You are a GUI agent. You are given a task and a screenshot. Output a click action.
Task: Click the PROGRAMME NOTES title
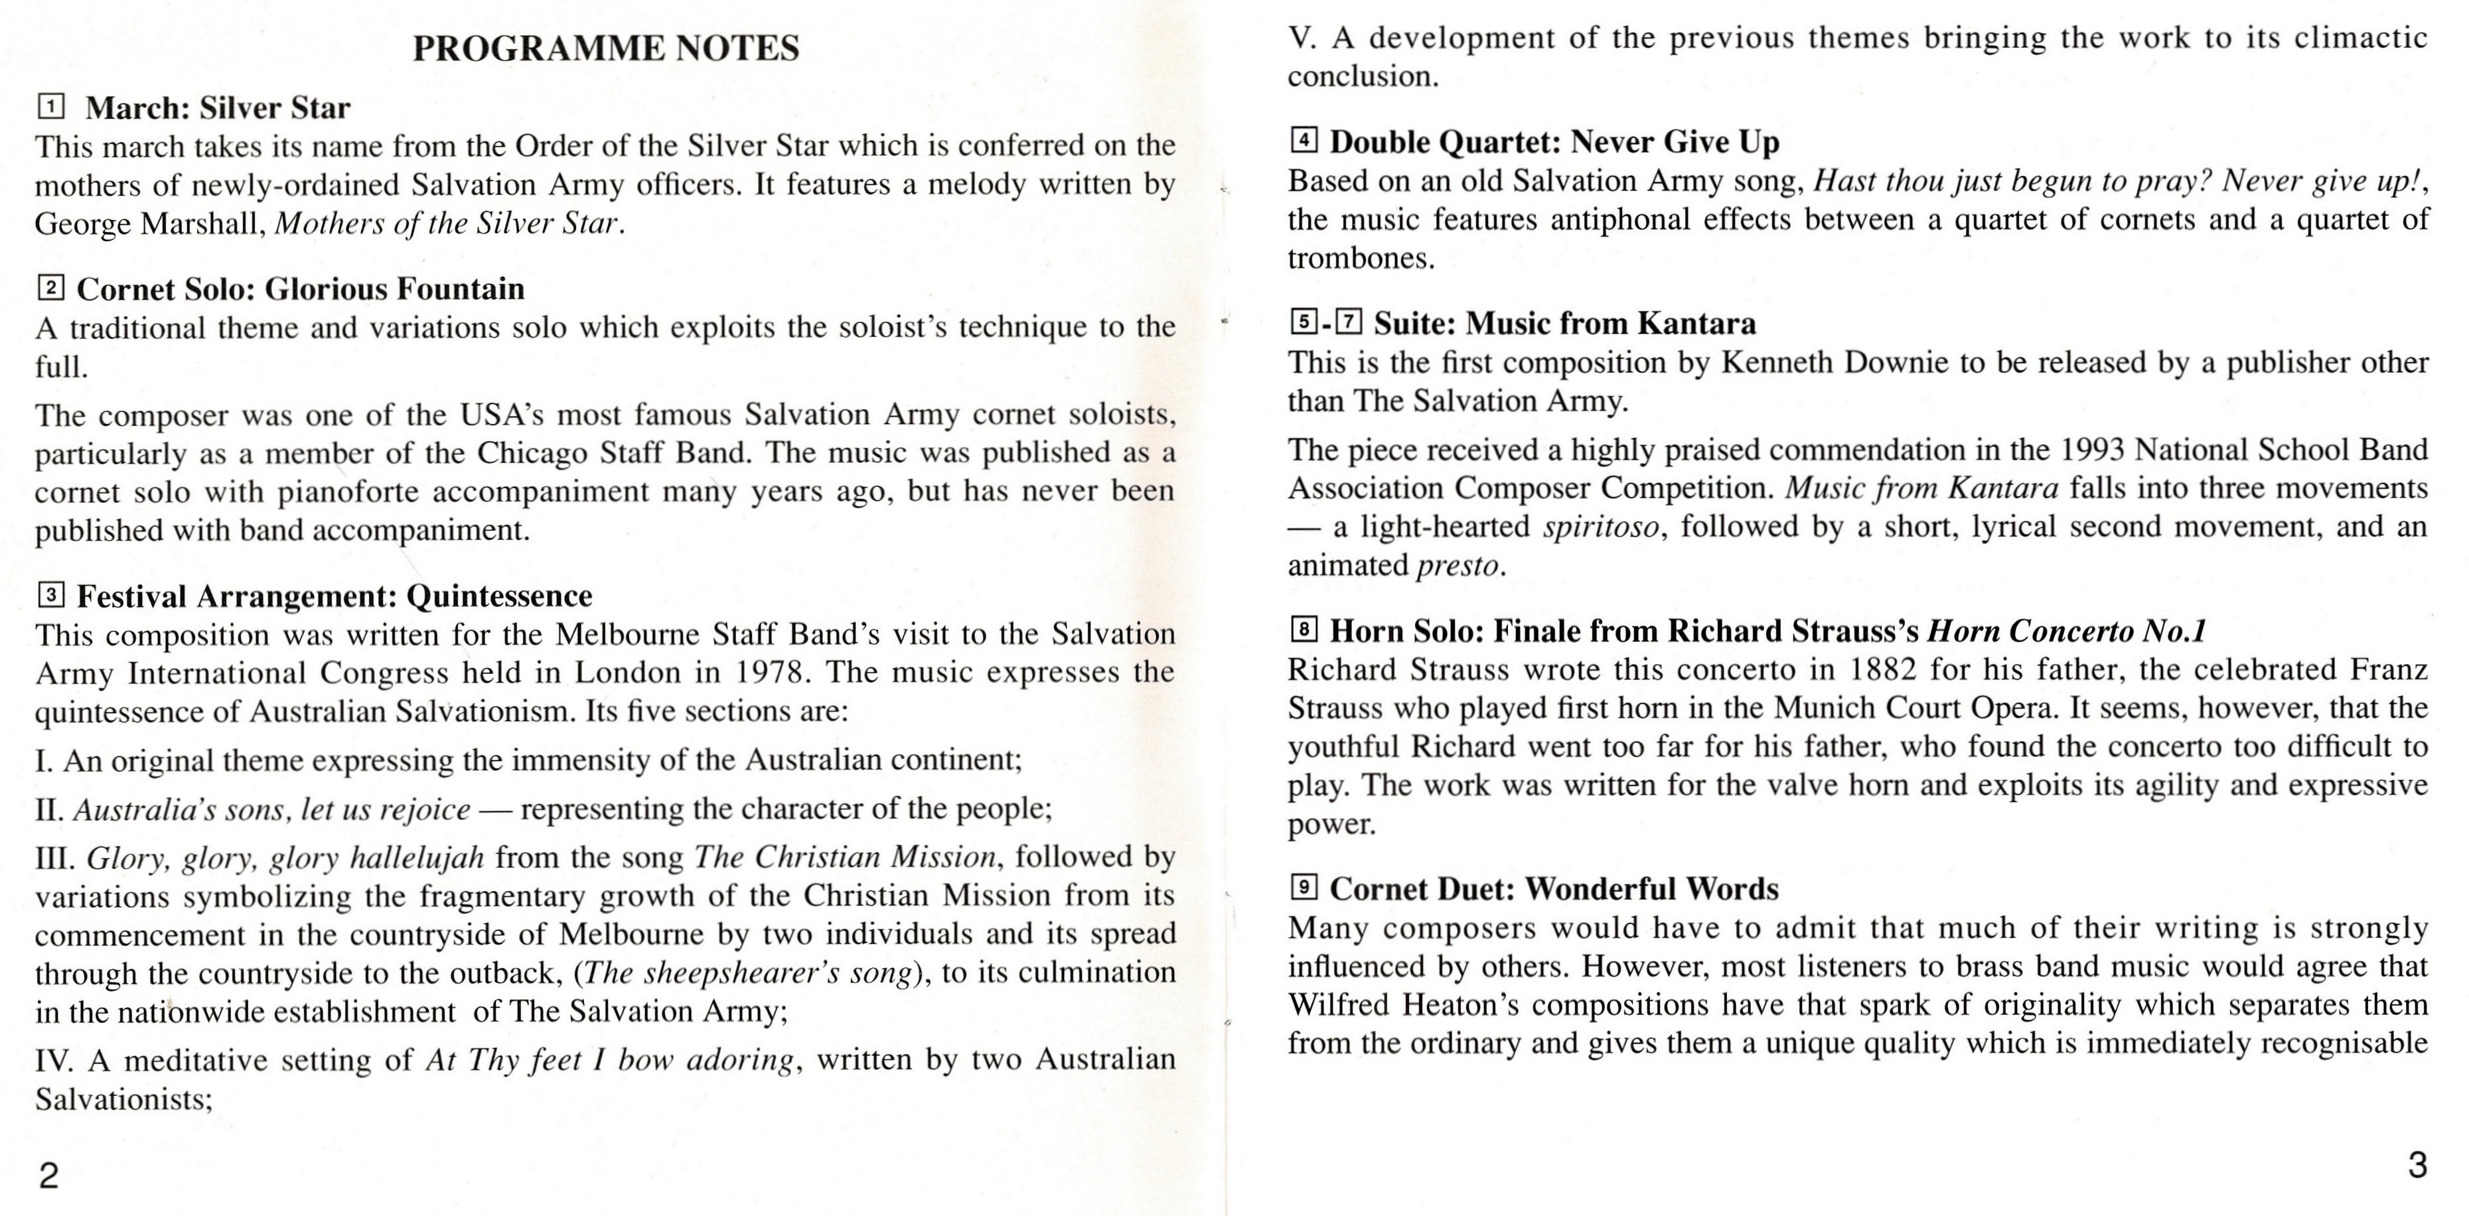[x=606, y=48]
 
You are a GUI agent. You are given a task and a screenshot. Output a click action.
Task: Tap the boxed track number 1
[x=51, y=105]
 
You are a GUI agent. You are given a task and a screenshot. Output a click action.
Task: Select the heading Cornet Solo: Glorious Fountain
[x=300, y=289]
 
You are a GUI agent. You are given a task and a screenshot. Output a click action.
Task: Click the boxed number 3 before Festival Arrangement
[x=51, y=596]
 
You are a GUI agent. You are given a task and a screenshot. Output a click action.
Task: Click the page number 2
[x=49, y=1175]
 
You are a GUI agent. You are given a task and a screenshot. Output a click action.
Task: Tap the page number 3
[x=2417, y=1165]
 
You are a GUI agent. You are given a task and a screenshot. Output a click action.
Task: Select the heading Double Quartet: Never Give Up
[x=1554, y=142]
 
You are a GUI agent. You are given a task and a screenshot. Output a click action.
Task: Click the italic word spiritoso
[x=1601, y=527]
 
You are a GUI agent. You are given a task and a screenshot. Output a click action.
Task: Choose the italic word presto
[x=1457, y=565]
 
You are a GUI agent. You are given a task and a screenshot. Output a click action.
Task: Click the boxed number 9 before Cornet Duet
[x=1304, y=888]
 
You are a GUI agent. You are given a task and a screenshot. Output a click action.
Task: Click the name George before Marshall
[x=82, y=224]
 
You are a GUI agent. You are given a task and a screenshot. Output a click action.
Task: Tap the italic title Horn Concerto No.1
[x=2066, y=630]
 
